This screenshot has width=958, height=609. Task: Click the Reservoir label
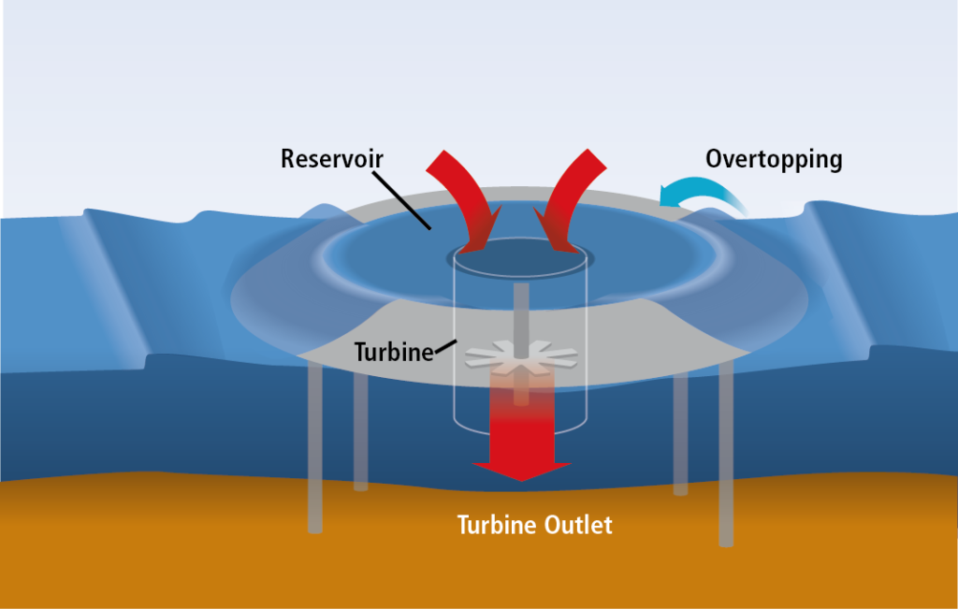pos(332,159)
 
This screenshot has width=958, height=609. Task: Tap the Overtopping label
pos(774,159)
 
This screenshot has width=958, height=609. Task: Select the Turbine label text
pos(394,352)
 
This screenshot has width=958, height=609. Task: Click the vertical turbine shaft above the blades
pos(521,318)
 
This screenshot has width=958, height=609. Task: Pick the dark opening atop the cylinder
pos(520,258)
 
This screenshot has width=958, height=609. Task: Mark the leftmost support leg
pos(314,446)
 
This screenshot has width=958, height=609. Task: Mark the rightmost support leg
pos(726,453)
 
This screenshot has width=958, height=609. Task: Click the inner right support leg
pos(681,434)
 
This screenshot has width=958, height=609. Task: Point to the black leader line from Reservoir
pos(402,200)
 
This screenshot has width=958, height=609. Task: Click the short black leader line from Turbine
pos(445,346)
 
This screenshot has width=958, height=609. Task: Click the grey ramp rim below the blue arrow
pos(672,208)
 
